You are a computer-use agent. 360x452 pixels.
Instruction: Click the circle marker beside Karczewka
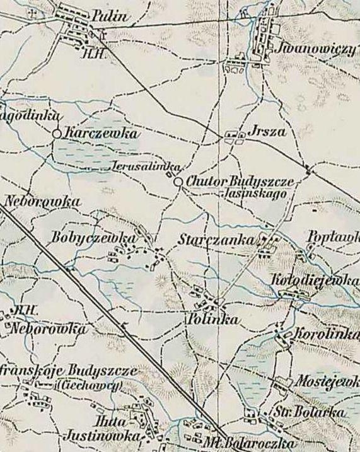coord(57,134)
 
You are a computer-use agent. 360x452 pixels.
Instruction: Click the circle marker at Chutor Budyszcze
coord(178,182)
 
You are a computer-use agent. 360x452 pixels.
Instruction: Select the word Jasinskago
coord(255,195)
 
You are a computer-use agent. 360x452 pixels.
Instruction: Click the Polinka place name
coord(213,320)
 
